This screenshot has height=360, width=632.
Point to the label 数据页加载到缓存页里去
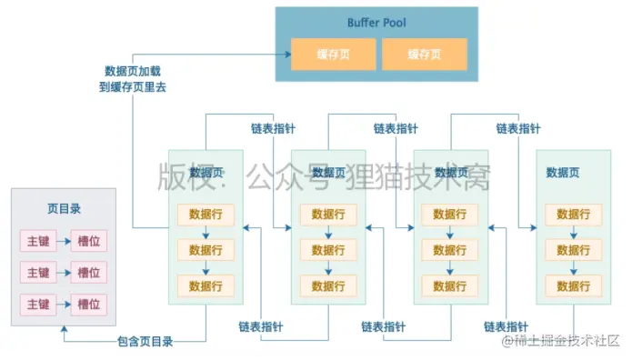click(x=135, y=79)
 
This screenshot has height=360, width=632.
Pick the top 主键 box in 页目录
click(x=38, y=242)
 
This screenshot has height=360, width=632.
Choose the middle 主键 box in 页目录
click(x=38, y=272)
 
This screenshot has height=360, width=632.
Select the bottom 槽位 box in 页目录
click(x=88, y=303)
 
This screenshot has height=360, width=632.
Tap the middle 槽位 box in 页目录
click(x=88, y=272)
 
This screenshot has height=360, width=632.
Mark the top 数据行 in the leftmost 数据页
click(x=206, y=215)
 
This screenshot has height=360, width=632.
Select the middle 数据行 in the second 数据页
click(x=328, y=250)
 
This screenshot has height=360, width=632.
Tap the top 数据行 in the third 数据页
click(x=451, y=215)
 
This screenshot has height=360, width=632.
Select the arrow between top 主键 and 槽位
click(x=63, y=242)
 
